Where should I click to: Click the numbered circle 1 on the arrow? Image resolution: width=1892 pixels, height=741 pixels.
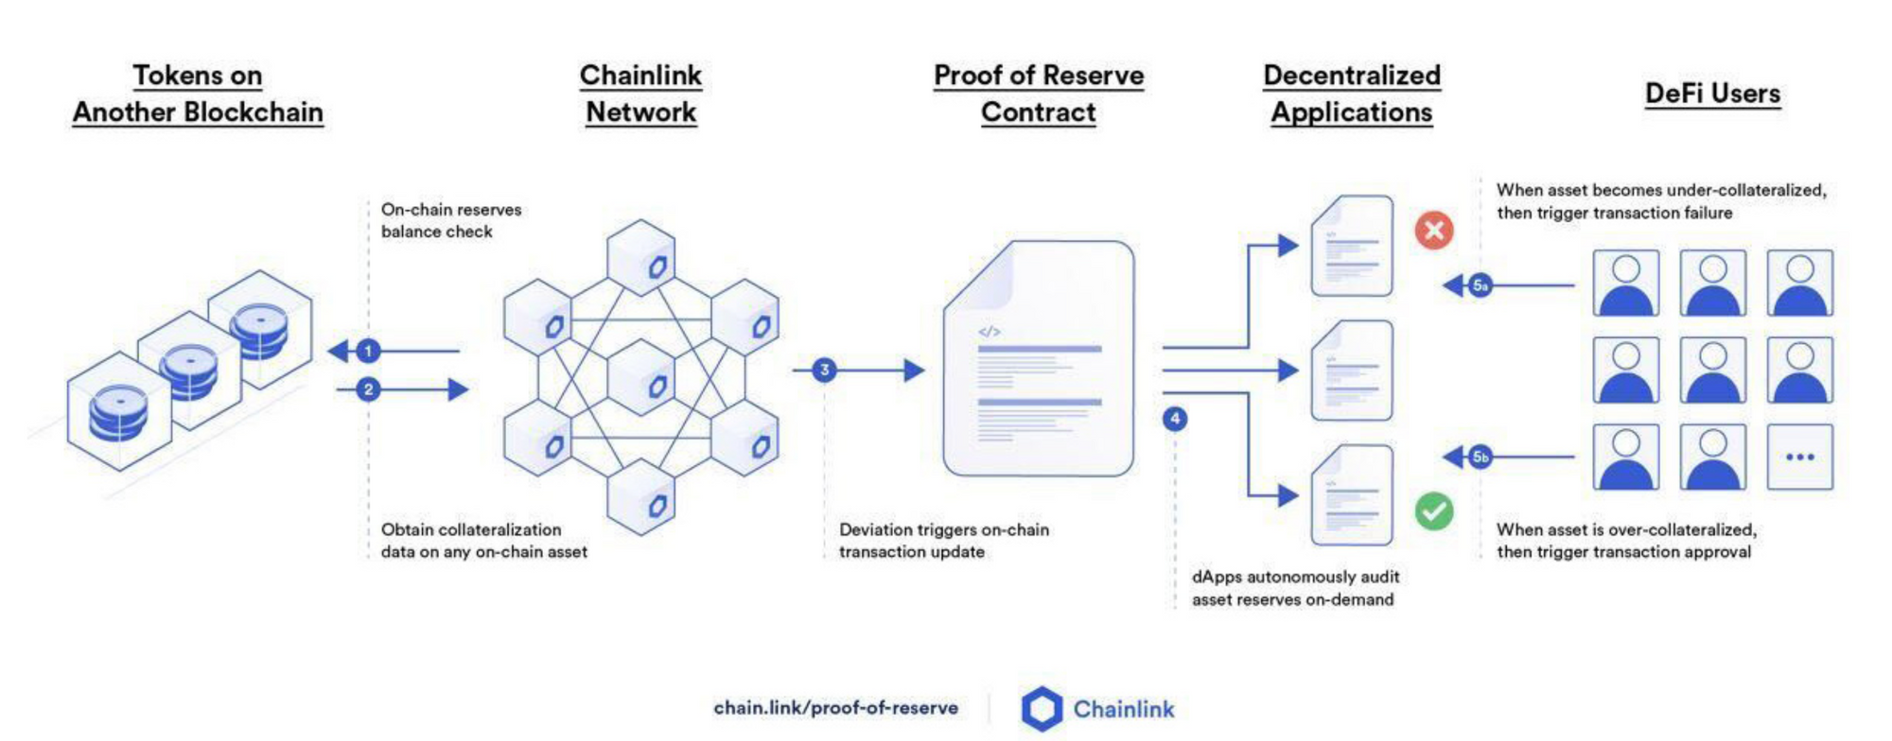368,352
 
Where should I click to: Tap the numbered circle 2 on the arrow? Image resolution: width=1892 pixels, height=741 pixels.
368,389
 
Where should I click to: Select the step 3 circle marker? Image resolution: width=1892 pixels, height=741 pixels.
824,370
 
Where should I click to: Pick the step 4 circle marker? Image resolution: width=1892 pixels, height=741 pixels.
1175,419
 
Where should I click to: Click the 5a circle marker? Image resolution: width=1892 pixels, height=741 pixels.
1480,285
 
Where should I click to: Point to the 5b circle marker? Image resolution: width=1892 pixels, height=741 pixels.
1480,457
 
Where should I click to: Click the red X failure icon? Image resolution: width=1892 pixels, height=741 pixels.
1434,230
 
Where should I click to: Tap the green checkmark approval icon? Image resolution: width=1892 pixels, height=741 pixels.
1434,511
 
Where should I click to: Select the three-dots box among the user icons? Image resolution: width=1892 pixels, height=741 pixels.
1799,457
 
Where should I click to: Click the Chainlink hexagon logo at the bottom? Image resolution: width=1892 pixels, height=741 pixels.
1042,709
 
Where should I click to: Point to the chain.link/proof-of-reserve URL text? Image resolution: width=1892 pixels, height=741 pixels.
835,708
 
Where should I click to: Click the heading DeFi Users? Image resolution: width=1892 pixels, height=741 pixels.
1712,94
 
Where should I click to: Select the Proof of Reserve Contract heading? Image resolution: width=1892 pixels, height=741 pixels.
1039,94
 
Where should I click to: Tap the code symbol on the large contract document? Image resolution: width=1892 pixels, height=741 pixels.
990,332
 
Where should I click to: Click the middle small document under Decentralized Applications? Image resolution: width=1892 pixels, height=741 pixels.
1352,370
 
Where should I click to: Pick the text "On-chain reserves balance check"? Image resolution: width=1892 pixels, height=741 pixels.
451,220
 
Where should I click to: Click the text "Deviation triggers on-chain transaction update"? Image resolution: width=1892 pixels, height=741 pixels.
944,541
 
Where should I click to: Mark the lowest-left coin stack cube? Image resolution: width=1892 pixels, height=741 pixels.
119,412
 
